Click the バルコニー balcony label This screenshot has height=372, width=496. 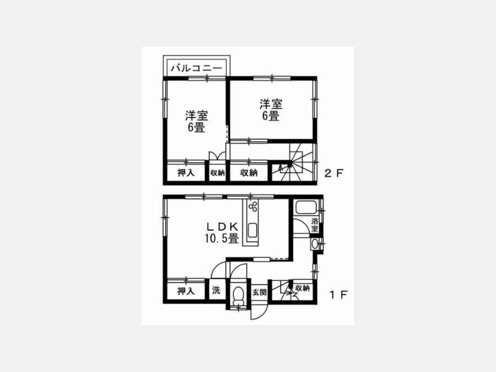[196, 68]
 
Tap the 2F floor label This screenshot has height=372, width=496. [335, 173]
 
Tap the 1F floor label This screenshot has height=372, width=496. [338, 295]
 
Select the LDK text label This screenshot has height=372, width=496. [222, 226]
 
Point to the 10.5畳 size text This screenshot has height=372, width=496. [222, 238]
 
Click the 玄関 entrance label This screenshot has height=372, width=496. [259, 292]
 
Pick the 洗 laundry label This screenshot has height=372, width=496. [216, 290]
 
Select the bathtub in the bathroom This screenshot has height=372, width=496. [306, 208]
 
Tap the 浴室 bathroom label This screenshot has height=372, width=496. [315, 225]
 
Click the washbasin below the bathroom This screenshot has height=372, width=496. [315, 244]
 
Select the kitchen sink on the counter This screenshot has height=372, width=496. [254, 230]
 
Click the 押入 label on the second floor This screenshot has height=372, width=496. [186, 172]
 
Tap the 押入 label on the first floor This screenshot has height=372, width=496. [186, 291]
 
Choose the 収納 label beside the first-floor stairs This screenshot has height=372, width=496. [302, 288]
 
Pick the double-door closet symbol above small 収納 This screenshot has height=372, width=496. [217, 157]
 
